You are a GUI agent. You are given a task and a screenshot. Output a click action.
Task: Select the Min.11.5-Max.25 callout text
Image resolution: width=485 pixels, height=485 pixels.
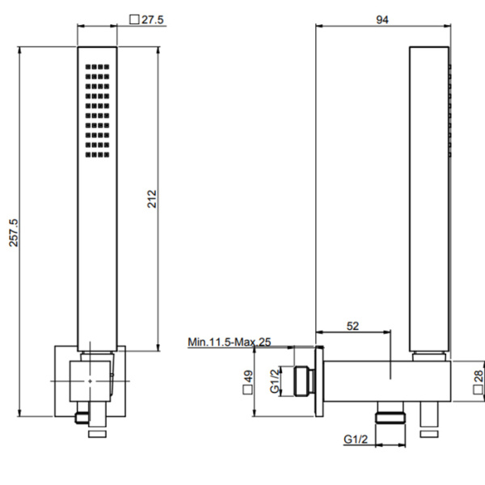[230, 342]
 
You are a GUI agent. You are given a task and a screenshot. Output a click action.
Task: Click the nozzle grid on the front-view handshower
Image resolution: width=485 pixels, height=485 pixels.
[95, 108]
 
